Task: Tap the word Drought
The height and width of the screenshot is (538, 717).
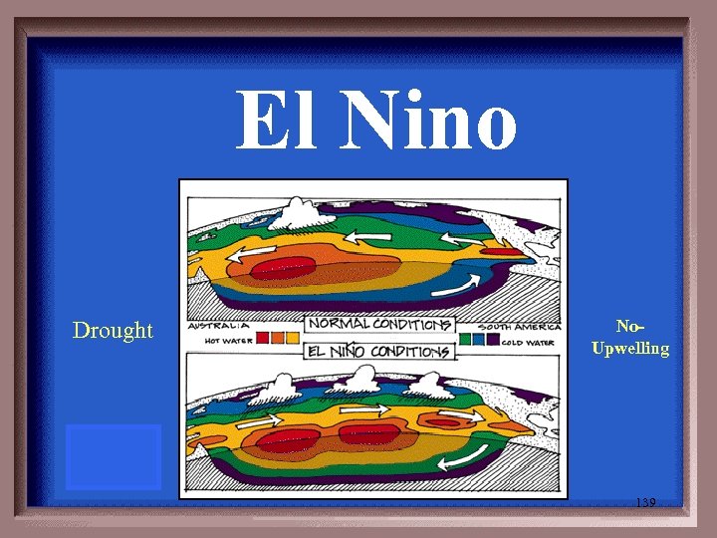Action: tap(113, 330)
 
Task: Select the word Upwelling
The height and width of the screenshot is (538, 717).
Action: tap(630, 349)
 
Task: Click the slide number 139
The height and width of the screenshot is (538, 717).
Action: tap(645, 503)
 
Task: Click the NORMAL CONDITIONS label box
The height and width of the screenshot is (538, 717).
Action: tap(379, 325)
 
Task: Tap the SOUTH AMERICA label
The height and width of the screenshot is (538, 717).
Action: tap(517, 326)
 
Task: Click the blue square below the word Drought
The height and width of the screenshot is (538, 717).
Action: tap(113, 456)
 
